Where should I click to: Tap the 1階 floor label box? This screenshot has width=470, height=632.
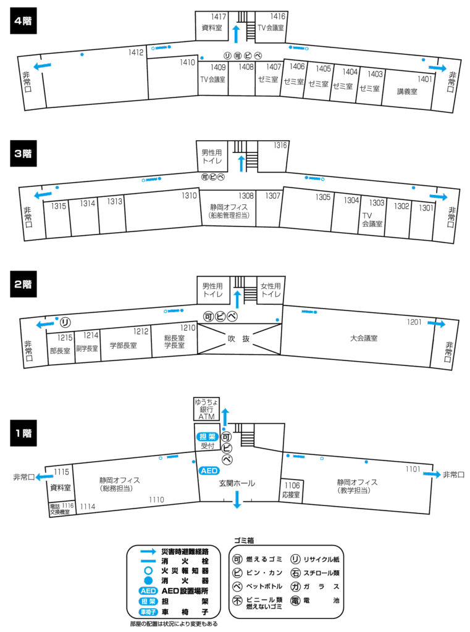pyautogui.click(x=24, y=433)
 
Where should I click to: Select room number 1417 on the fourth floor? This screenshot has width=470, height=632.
pyautogui.click(x=217, y=16)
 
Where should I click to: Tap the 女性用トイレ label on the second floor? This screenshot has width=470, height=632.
pyautogui.click(x=270, y=290)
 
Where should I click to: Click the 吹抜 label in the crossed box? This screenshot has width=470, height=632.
pyautogui.click(x=238, y=338)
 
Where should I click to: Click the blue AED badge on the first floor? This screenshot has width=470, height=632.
pyautogui.click(x=209, y=470)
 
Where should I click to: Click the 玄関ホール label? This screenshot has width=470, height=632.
pyautogui.click(x=237, y=483)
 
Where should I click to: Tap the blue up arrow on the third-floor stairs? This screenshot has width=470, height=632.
pyautogui.click(x=241, y=162)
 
